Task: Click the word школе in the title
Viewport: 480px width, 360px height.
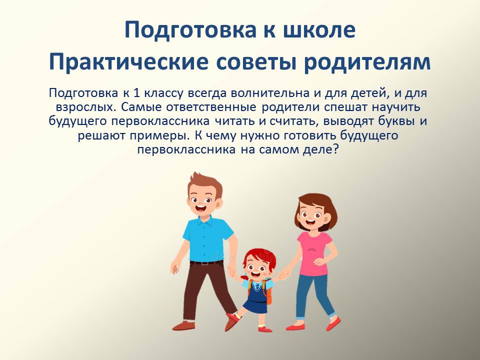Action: click(319, 29)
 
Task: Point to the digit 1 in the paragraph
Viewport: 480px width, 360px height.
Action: click(137, 93)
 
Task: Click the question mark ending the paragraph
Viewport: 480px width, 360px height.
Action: click(335, 149)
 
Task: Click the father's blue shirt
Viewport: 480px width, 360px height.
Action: click(207, 239)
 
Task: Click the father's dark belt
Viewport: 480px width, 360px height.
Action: click(206, 262)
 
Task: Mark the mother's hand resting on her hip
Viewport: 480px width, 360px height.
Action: click(320, 261)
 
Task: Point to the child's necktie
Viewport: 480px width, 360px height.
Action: click(256, 286)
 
